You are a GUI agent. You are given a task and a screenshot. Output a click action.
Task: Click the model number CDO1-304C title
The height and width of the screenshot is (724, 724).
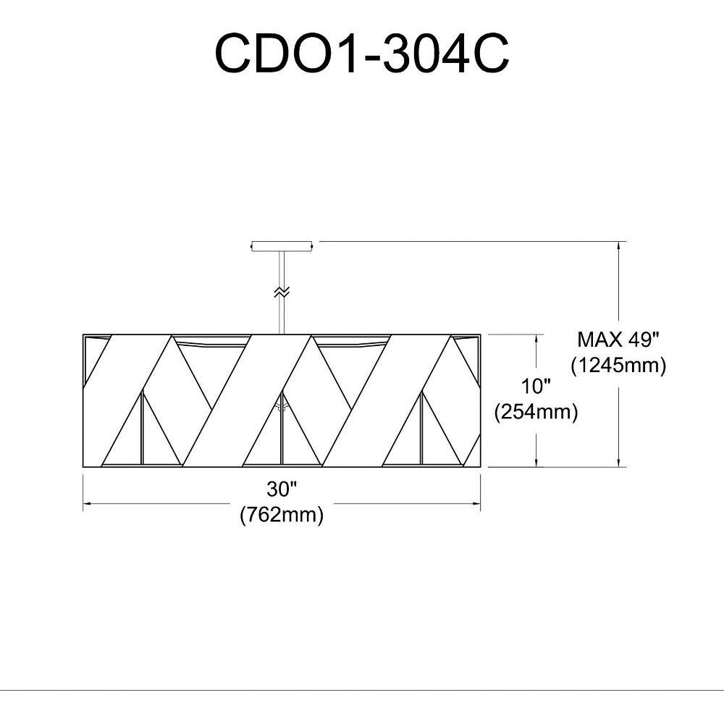(362, 54)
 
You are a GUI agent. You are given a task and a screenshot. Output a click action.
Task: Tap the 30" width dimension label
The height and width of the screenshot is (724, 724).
(281, 489)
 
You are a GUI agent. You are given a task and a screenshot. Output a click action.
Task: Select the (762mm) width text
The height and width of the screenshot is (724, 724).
(282, 514)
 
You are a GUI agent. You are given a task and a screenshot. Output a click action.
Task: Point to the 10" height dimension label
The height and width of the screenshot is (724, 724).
(536, 386)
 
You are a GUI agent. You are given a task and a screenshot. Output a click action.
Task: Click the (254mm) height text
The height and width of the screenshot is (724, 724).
(536, 411)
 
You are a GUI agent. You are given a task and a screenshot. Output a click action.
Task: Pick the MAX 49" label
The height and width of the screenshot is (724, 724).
(618, 340)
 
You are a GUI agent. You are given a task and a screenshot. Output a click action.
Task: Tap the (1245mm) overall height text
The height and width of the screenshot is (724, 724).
(618, 366)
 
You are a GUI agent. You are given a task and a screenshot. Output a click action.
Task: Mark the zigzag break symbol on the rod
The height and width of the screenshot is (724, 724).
(282, 292)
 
